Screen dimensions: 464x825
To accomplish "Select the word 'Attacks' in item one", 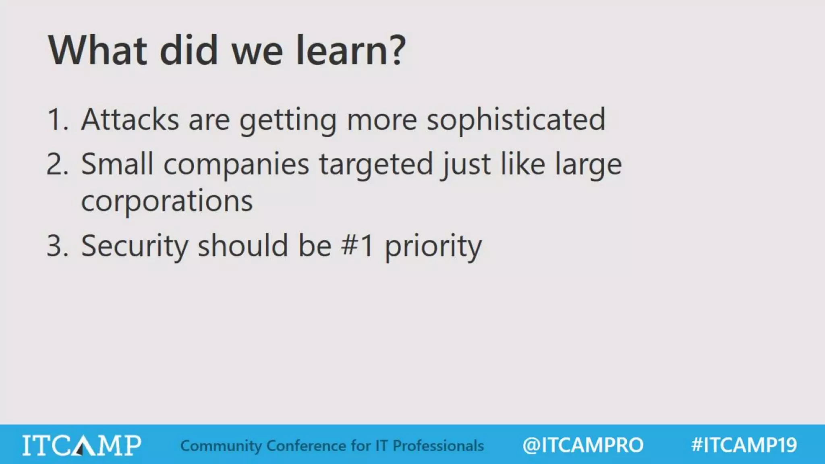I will [130, 120].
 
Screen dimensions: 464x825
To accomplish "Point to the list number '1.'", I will [58, 120].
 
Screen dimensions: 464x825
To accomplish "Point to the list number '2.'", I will [57, 164].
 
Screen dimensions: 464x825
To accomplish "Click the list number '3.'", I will [57, 246].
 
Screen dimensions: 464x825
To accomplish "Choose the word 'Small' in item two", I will [117, 164].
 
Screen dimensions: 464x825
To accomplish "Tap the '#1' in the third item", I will [357, 246].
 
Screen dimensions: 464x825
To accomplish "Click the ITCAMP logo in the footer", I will [82, 445].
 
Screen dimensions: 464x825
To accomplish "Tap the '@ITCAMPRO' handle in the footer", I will [583, 445].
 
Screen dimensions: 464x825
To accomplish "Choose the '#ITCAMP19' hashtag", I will [744, 445].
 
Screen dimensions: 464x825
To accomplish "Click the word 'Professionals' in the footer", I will [438, 446].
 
